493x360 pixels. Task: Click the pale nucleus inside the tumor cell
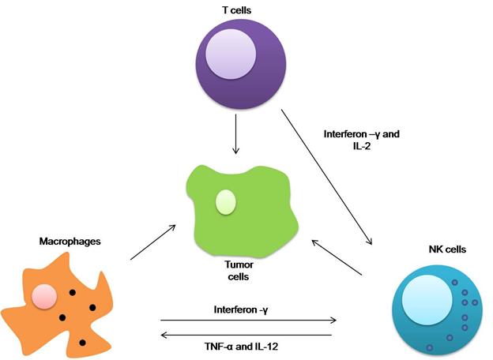tap(225, 201)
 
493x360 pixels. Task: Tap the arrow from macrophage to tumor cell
tap(152, 242)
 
